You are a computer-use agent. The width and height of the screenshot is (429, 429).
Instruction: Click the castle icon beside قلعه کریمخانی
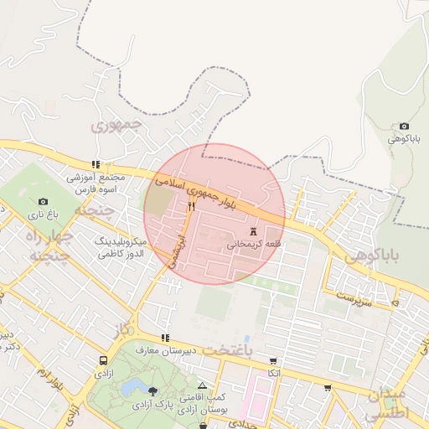click(253, 230)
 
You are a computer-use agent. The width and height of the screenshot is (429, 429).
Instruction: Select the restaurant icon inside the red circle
click(192, 206)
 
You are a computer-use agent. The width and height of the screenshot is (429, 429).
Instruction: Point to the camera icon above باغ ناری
click(44, 201)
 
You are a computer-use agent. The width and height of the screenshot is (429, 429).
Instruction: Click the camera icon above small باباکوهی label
click(404, 126)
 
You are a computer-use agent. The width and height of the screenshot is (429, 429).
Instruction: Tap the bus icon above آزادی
click(102, 359)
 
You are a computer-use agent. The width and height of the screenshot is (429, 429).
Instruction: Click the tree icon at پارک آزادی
click(152, 391)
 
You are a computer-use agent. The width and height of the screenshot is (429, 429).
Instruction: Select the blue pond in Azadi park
click(132, 387)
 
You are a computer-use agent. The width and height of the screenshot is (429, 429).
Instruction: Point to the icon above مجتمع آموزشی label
click(96, 164)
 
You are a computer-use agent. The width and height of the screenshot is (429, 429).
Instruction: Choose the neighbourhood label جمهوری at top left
click(117, 127)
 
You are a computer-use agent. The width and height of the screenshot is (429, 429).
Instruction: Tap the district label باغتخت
click(225, 350)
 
